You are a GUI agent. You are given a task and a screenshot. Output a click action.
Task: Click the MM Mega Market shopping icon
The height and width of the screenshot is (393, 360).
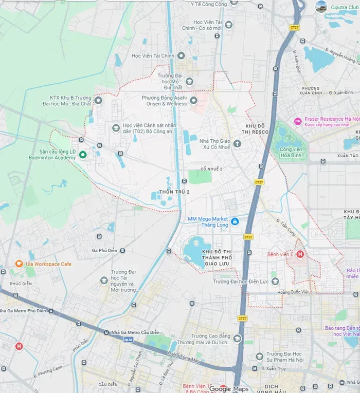235,221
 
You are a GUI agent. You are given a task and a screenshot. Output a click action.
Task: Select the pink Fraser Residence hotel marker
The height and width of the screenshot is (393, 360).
297,121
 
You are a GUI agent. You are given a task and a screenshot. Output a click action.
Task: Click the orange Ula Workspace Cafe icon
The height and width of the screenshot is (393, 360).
19,264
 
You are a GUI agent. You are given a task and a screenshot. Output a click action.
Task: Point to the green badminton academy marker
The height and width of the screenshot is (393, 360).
82,155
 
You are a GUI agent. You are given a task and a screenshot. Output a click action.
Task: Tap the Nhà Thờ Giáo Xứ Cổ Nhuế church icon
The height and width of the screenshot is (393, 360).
237,144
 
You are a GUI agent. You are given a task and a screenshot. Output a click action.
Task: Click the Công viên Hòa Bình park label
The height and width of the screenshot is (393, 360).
291,153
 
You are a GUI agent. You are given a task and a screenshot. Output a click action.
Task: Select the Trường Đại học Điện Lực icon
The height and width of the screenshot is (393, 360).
275,282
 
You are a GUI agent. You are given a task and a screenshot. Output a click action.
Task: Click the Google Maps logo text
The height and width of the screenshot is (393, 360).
227,389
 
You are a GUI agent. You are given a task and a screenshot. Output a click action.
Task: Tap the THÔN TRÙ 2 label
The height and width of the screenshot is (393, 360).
174,192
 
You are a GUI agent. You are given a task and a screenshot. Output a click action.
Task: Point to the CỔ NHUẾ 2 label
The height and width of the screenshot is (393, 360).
211,169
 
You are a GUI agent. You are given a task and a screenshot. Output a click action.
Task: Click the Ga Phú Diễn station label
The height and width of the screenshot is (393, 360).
104,250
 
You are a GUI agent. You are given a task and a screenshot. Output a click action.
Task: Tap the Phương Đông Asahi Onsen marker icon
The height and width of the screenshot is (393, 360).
193,100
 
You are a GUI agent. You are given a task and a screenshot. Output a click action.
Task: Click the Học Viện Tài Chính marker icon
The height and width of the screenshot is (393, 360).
181,55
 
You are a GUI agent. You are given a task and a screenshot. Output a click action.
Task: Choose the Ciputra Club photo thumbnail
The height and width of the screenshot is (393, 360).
321,7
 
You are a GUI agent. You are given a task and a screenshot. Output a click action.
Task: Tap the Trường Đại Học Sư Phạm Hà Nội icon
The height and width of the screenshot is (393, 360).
260,356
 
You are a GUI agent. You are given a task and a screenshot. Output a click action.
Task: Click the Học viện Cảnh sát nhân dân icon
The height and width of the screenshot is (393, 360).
116,127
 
